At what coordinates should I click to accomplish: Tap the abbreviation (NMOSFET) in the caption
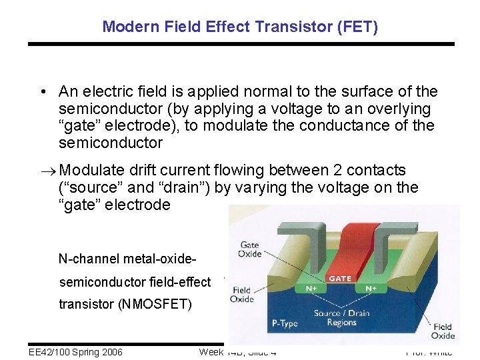154,305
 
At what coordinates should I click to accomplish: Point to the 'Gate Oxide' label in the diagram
249,250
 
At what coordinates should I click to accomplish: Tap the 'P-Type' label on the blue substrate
285,324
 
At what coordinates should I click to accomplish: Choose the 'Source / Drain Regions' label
341,318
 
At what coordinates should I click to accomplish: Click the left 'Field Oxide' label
242,295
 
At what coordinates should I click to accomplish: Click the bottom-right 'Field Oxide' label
441,331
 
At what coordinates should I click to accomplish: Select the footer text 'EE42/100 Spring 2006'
76,352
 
